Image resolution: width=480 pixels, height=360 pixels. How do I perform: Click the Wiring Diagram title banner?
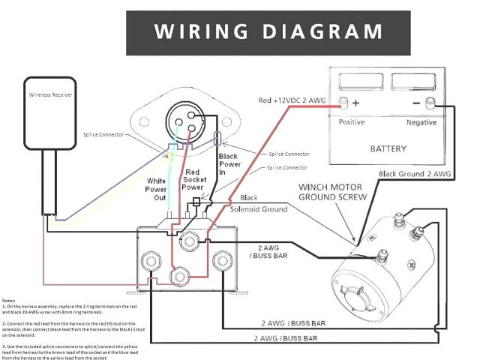coord(269,31)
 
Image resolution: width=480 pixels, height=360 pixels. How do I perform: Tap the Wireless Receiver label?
coord(51,97)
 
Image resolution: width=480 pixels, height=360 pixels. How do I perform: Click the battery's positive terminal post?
coord(344,103)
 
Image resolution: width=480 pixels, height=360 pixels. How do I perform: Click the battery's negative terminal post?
coord(430,103)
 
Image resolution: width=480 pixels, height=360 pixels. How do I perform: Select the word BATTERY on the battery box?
coord(388,148)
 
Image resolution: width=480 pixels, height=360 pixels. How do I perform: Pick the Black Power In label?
coord(227,164)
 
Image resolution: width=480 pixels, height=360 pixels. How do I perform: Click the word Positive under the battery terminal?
coord(352,121)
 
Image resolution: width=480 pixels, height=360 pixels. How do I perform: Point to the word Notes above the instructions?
coord(10,300)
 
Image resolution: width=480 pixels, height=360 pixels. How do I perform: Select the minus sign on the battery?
coord(416,103)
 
